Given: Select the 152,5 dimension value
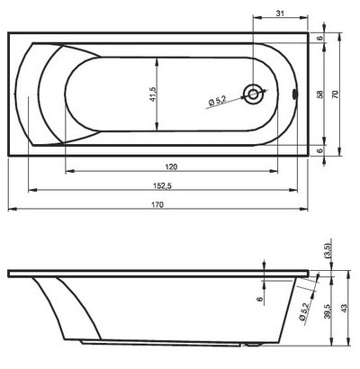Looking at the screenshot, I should pos(164,185).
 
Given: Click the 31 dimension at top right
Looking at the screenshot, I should pos(280,13).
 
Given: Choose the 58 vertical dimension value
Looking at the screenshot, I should pos(320,94).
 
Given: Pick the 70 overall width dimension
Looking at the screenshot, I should pos(336,94).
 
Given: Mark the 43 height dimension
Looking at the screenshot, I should pos(344,310).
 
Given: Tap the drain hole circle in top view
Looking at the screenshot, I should pos(255,94).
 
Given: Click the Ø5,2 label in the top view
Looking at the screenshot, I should pos(217,102).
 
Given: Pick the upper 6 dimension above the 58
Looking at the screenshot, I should pos(320,38).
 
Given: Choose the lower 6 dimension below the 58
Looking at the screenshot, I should pos(320,149).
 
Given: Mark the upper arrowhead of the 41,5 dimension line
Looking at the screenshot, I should pos(158,59).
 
